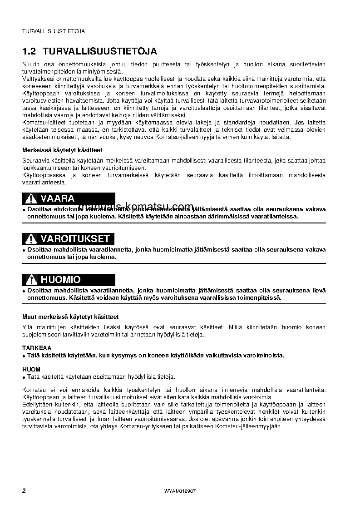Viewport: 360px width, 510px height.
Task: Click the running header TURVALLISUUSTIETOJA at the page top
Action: pyautogui.click(x=54, y=31)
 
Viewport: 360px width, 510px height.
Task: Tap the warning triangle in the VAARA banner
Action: pyautogui.click(x=30, y=198)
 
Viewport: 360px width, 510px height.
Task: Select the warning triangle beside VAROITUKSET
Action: pyautogui.click(x=30, y=239)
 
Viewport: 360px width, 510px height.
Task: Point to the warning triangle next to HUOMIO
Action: pyautogui.click(x=30, y=280)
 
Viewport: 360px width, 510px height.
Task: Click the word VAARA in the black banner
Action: pyautogui.click(x=58, y=198)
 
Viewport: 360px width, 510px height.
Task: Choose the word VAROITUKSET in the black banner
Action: pyautogui.click(x=75, y=239)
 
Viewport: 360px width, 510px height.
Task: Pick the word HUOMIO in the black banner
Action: pyautogui.click(x=60, y=280)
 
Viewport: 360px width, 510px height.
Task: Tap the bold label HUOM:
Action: pyautogui.click(x=32, y=369)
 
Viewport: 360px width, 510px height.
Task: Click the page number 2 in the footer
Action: pyautogui.click(x=24, y=491)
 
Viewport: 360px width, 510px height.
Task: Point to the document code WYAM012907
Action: pyautogui.click(x=180, y=491)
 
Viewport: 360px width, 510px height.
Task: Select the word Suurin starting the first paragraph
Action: pyautogui.click(x=31, y=64)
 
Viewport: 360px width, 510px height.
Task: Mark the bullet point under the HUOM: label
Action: pyautogui.click(x=24, y=377)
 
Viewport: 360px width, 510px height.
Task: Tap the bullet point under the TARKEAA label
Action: pyautogui.click(x=24, y=356)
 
